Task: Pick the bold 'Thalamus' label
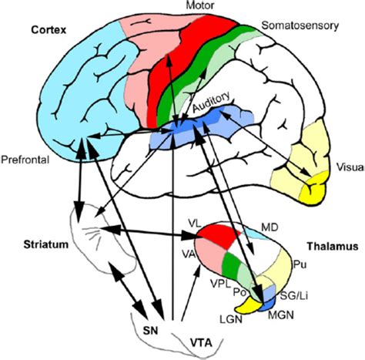click(330, 247)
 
